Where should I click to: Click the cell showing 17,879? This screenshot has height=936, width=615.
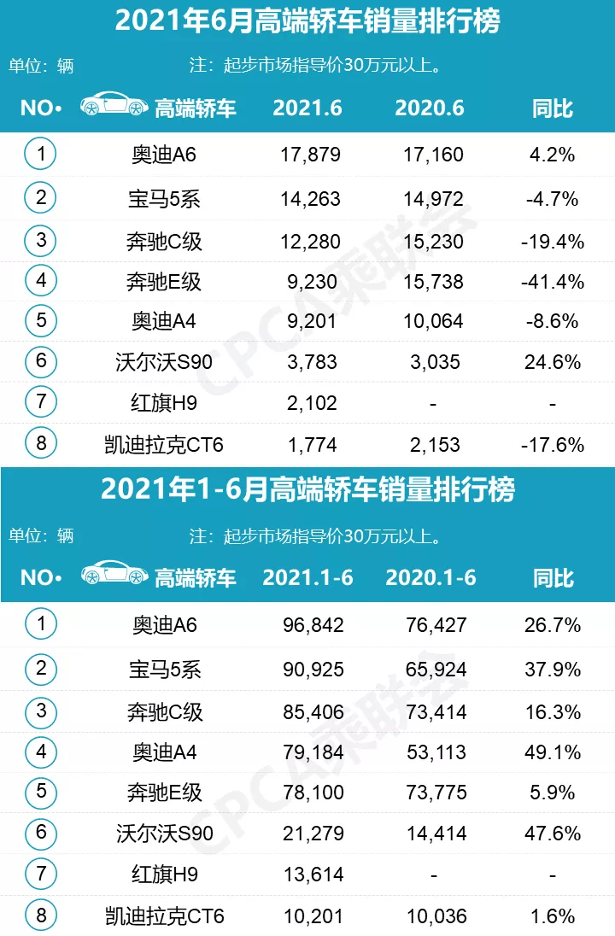pyautogui.click(x=310, y=155)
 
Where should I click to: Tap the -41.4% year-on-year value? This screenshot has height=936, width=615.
pyautogui.click(x=552, y=281)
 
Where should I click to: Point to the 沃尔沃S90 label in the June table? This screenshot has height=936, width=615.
pyautogui.click(x=165, y=363)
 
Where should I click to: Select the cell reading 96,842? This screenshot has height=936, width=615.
pyautogui.click(x=313, y=625)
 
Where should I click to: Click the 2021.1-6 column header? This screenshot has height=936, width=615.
pyautogui.click(x=307, y=577)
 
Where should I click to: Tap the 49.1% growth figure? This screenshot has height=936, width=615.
pyautogui.click(x=552, y=752)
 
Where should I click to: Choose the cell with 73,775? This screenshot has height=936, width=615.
pyautogui.click(x=436, y=793)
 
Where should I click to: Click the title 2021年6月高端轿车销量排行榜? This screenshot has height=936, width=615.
pyautogui.click(x=307, y=21)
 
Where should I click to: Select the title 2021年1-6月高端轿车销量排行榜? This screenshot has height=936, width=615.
pyautogui.click(x=307, y=490)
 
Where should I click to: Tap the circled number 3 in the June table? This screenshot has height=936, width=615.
pyautogui.click(x=40, y=239)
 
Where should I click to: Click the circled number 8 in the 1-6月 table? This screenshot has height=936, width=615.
pyautogui.click(x=40, y=916)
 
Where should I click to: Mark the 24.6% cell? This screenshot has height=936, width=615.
pyautogui.click(x=552, y=363)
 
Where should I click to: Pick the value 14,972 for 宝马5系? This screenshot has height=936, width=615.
pyautogui.click(x=433, y=199)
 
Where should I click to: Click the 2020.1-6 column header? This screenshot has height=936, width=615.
pyautogui.click(x=430, y=577)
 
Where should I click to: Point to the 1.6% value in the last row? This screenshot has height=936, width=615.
pyautogui.click(x=552, y=917)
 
